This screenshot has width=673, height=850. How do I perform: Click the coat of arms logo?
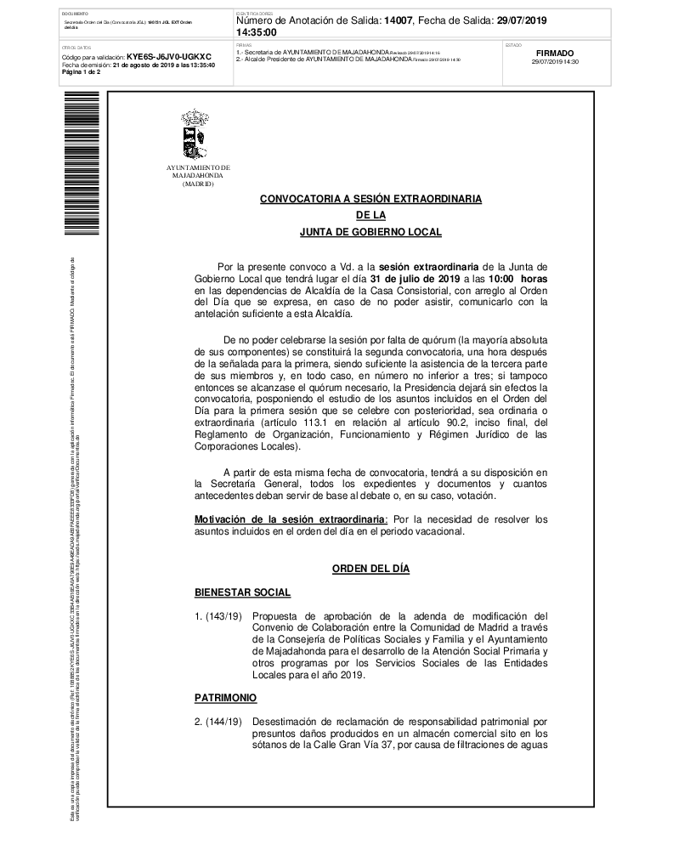195,134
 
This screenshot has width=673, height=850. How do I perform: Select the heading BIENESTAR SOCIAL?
242,592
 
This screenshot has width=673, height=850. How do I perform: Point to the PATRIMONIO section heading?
225,697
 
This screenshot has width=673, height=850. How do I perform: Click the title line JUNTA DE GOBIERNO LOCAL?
370,231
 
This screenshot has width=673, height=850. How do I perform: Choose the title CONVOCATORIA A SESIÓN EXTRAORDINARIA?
370,199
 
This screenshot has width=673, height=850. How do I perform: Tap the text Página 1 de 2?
82,72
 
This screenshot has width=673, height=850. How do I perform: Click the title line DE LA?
370,215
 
